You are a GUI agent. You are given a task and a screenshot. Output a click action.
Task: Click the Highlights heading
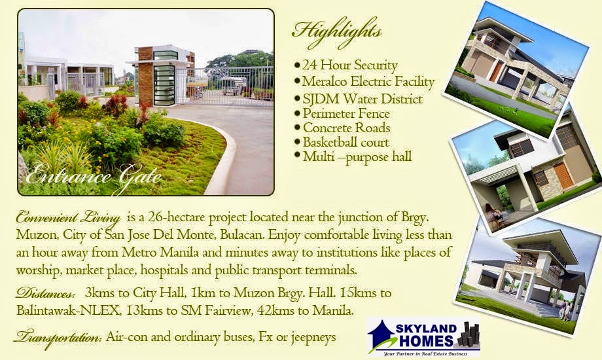pos(337,30)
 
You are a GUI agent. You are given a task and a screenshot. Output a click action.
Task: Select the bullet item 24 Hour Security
pos(349,65)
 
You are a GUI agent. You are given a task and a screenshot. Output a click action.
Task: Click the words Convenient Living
pos(68,217)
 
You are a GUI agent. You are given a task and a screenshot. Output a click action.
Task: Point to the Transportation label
pos(58,338)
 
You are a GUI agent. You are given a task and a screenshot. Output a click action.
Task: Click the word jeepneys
pos(311,338)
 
